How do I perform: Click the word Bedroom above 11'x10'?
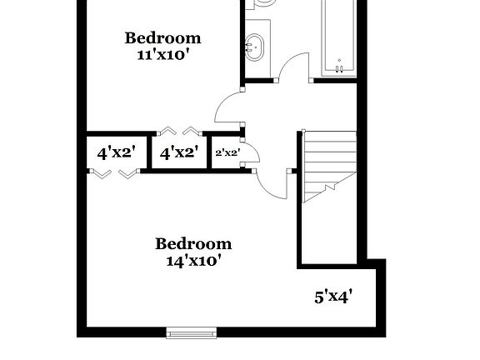pos(162,38)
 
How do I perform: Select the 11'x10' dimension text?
pos(162,55)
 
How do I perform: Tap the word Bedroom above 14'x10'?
pos(193,244)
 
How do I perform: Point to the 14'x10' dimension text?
pos(193,261)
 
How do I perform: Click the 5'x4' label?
pos(334,297)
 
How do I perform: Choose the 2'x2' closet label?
pos(227,153)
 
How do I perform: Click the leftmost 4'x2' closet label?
pos(116,153)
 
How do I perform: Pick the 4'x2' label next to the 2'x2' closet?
pos(178,153)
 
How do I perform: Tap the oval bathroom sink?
pos(255,47)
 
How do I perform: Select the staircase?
pos(328,165)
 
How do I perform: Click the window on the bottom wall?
pos(192,334)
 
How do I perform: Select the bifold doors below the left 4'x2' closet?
pos(112,173)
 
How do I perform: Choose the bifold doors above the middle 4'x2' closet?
pos(178,130)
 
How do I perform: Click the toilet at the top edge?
pos(264,4)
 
